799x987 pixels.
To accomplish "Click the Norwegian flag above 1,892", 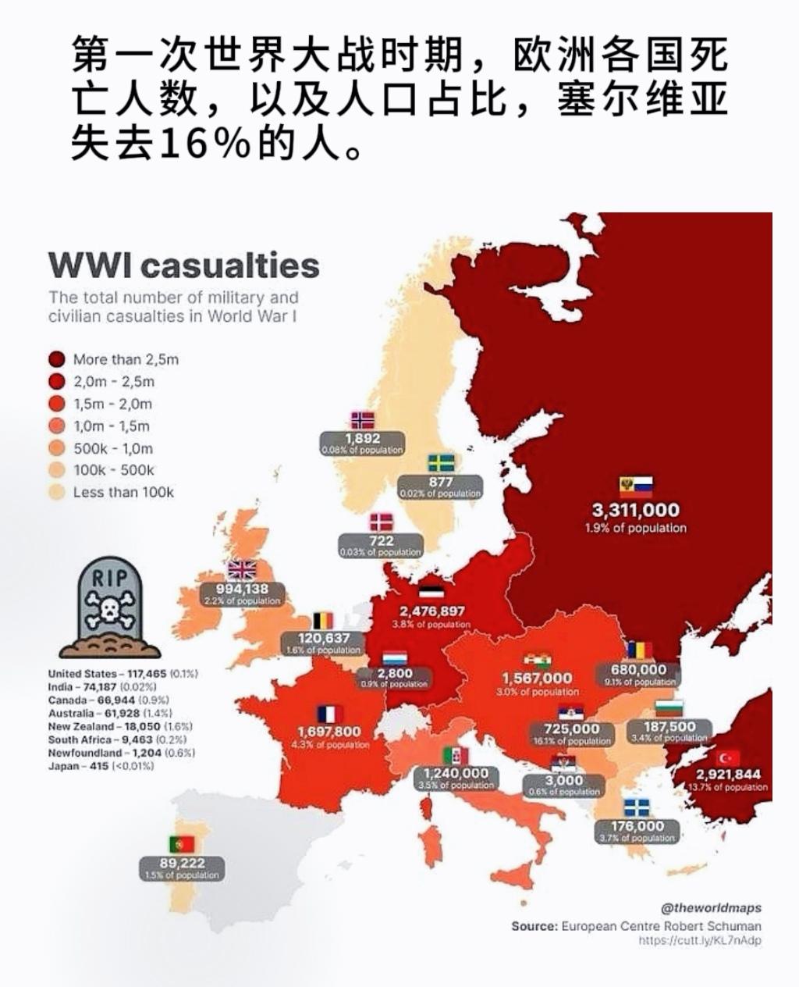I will (362, 420).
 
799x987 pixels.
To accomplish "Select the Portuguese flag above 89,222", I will (182, 844).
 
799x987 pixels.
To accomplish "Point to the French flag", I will (329, 714).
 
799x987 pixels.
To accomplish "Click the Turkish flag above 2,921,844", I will (728, 757).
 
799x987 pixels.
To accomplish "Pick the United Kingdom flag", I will (241, 570).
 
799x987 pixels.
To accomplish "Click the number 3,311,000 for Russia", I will (635, 511).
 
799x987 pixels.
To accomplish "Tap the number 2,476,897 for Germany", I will (431, 611).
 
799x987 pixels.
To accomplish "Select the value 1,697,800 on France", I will (329, 732).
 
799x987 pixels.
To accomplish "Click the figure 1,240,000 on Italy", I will (456, 773).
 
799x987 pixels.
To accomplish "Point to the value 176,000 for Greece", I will (637, 826).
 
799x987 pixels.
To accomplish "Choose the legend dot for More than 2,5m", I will (55, 360).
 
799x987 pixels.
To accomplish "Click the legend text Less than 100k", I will (123, 493).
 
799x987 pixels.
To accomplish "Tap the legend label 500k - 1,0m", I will (113, 448).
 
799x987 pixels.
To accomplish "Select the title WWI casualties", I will (184, 265).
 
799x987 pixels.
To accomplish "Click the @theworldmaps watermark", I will (711, 908).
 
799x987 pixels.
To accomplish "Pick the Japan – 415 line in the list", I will (101, 766).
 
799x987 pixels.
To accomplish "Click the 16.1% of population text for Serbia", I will (572, 741).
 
